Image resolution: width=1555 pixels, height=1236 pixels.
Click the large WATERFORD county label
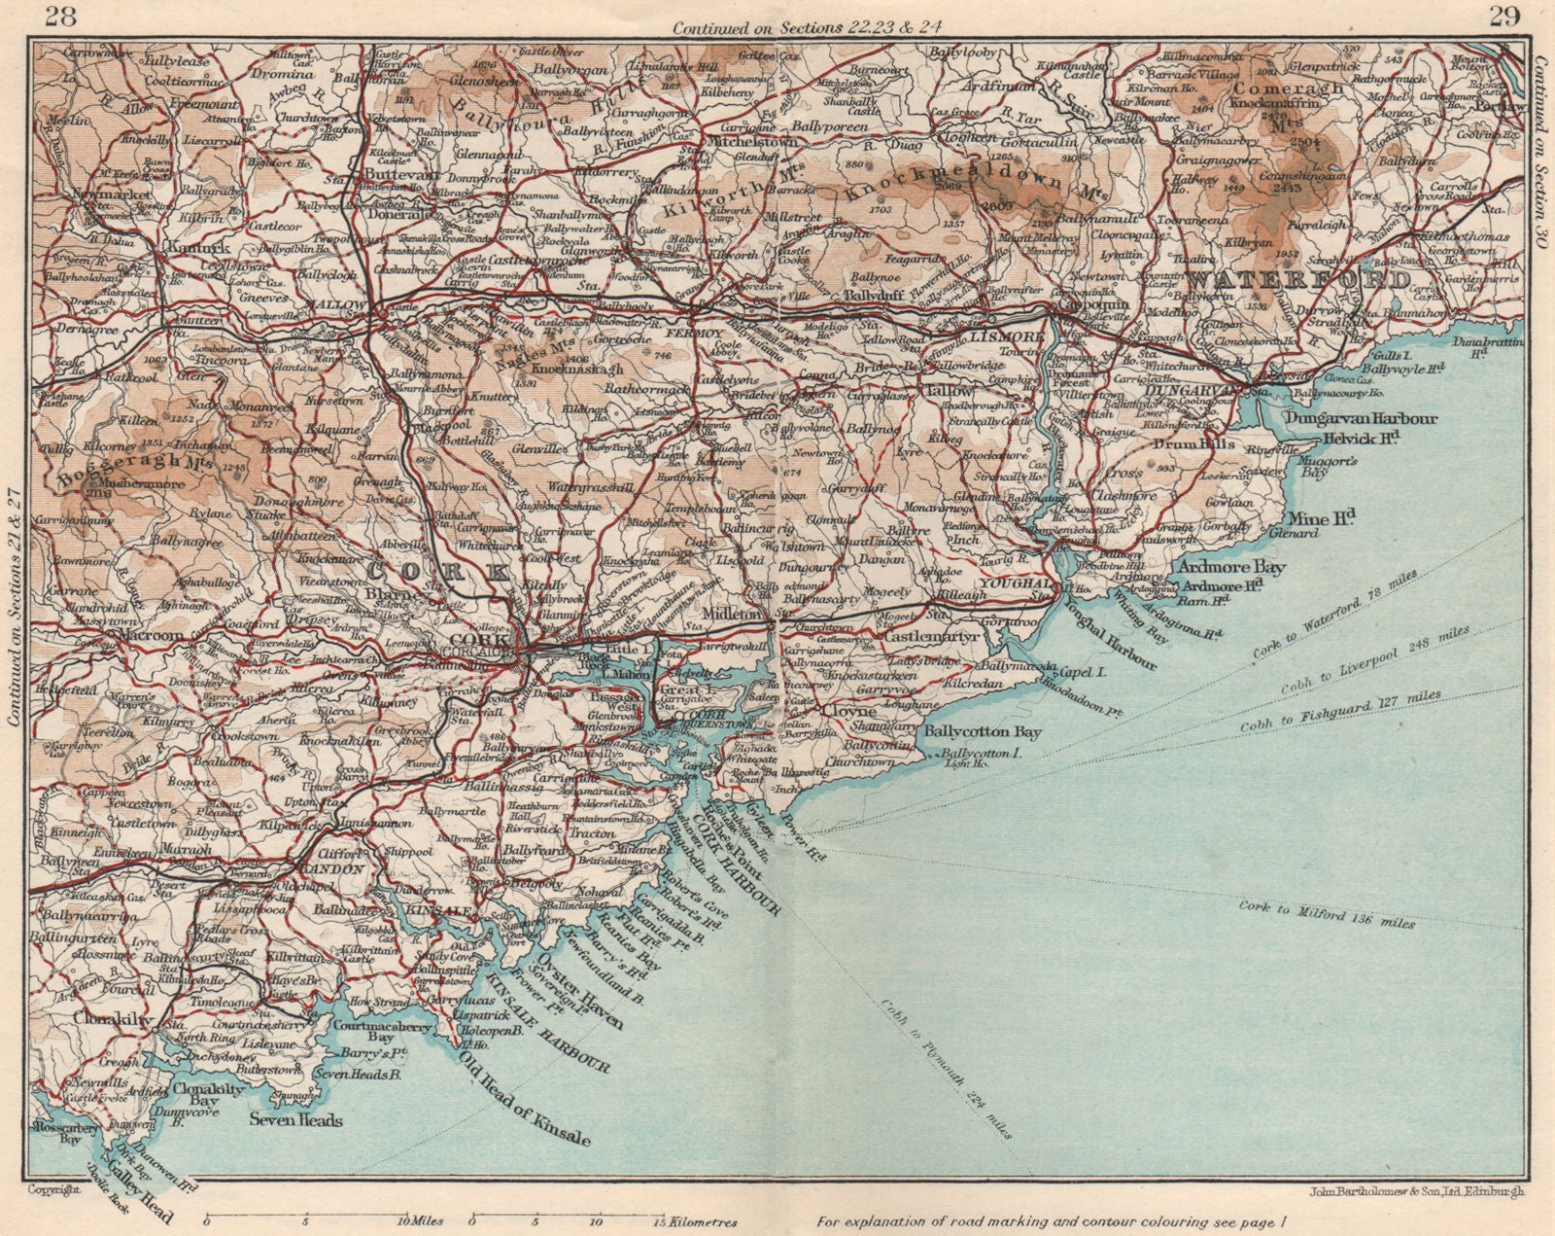pyautogui.click(x=1297, y=279)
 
